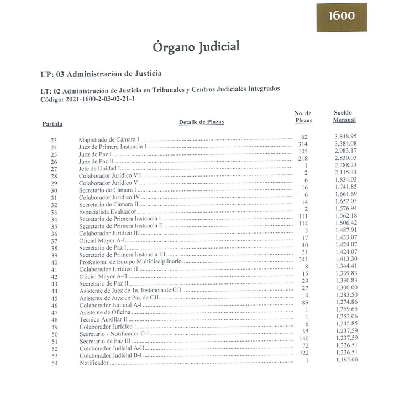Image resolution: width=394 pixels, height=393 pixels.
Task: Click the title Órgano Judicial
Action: click(197, 48)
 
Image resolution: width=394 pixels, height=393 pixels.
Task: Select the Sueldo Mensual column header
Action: click(344, 116)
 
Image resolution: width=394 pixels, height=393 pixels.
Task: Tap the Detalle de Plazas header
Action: click(201, 122)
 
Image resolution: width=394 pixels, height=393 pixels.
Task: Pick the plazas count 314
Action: click(302, 144)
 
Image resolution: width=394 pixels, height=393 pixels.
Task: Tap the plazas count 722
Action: click(302, 353)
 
